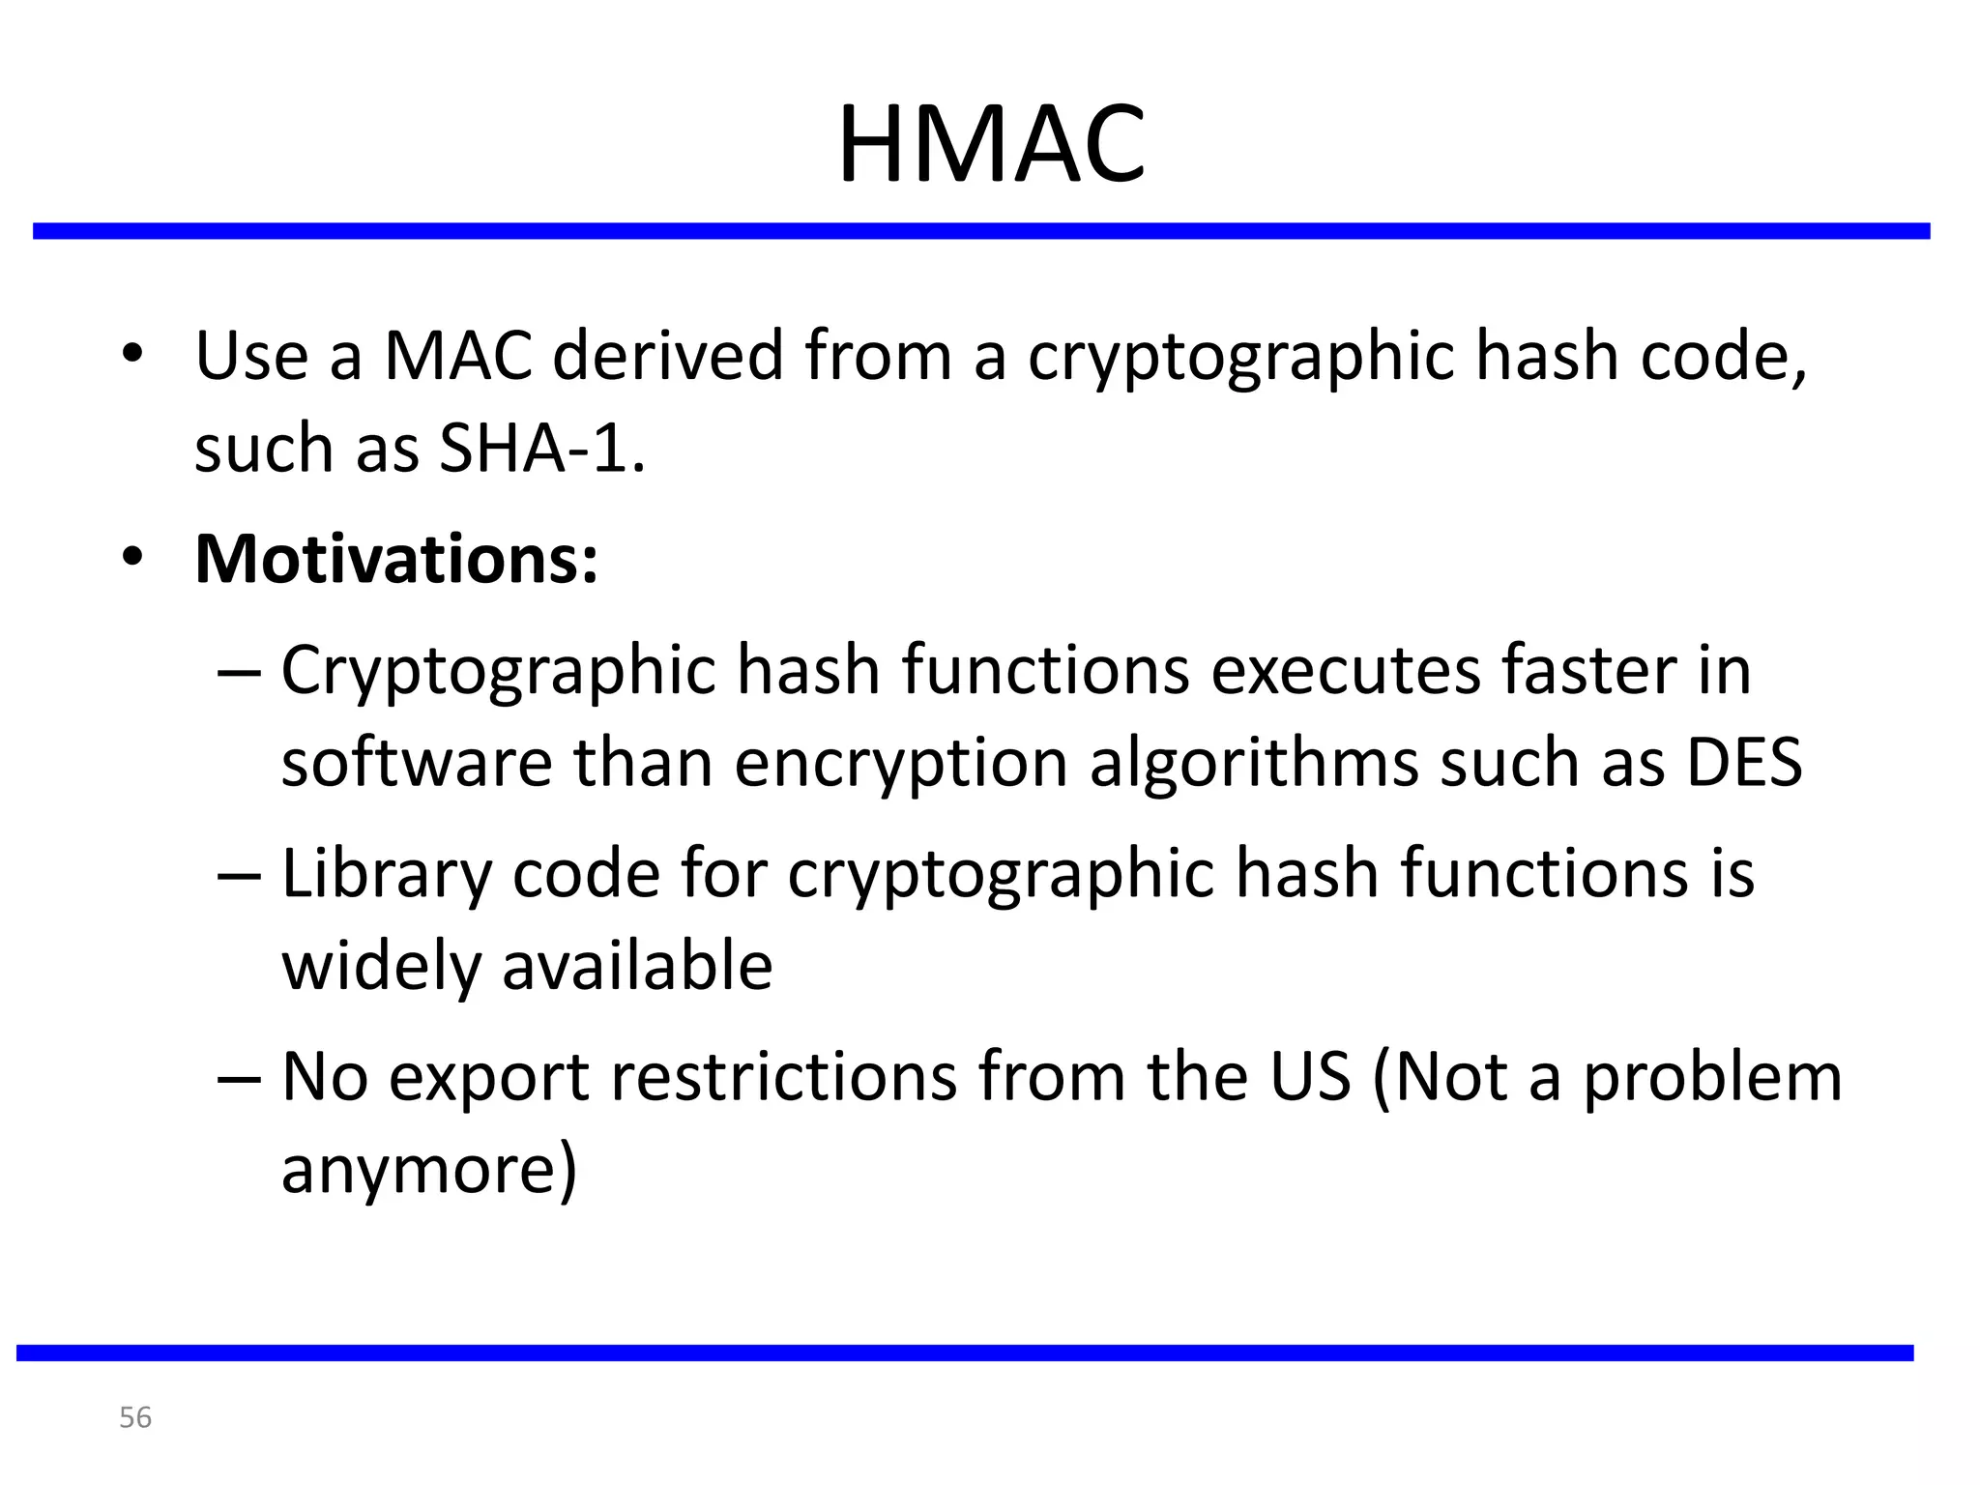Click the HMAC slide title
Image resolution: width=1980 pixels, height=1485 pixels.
[x=991, y=145]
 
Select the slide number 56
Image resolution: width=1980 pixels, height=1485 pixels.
[x=135, y=1417]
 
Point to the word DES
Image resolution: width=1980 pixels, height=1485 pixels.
[x=1744, y=762]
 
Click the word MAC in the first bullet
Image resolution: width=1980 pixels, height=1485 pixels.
[x=458, y=356]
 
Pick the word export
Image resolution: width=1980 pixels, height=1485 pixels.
[x=489, y=1079]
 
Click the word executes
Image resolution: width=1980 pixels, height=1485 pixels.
[x=1345, y=671]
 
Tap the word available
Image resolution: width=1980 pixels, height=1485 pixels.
[x=637, y=965]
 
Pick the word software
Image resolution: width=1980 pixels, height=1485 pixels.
[x=417, y=762]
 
